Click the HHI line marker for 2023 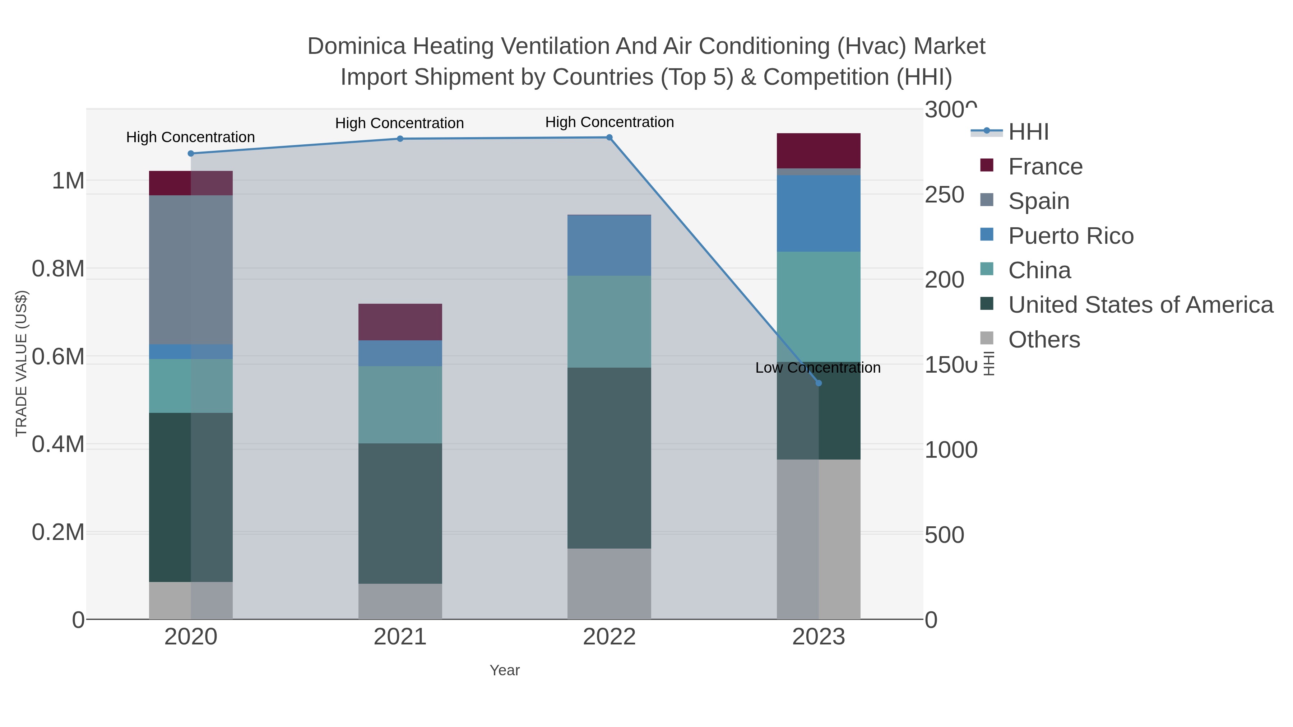(818, 383)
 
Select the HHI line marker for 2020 (191, 154)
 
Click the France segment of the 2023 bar (818, 150)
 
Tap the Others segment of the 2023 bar (818, 539)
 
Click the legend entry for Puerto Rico (1071, 236)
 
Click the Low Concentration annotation (818, 368)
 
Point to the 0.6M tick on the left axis (58, 357)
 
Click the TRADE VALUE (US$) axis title (21, 363)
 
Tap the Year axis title (505, 670)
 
